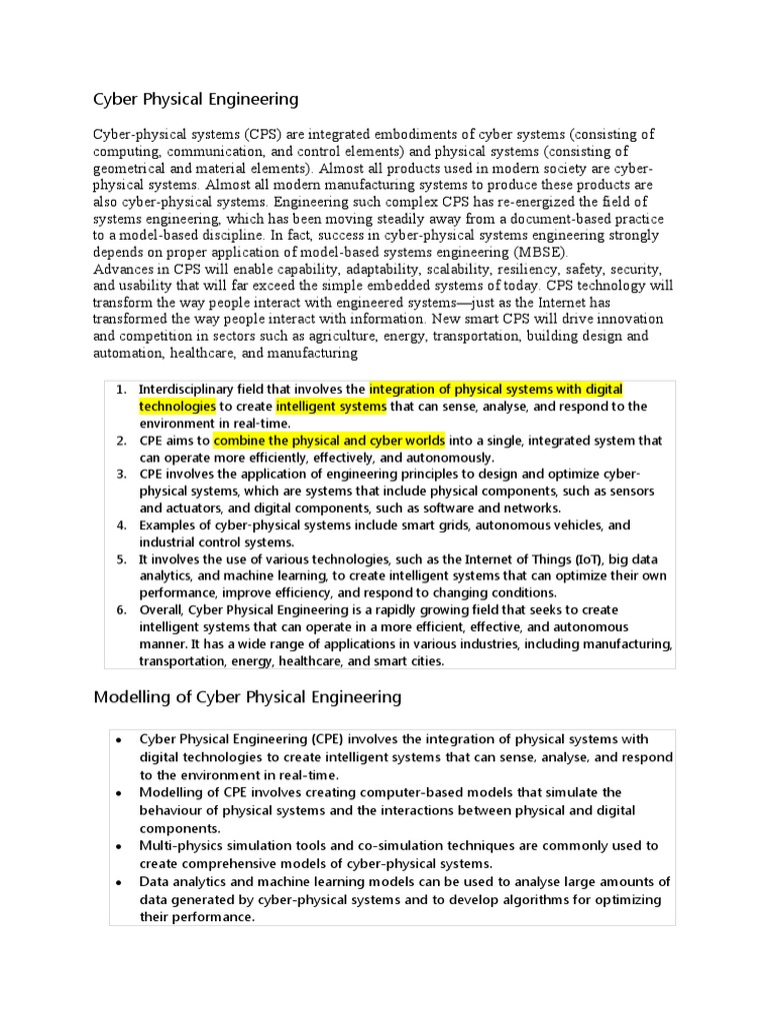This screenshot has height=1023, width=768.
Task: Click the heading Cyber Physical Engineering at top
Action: coord(195,99)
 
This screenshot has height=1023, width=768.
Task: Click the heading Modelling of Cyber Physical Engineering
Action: coord(247,696)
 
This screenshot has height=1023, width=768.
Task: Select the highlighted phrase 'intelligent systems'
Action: coord(331,406)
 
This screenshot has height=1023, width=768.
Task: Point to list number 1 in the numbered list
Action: coord(121,389)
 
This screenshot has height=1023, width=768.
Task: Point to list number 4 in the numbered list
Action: coord(121,524)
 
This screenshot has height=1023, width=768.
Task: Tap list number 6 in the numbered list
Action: coord(121,609)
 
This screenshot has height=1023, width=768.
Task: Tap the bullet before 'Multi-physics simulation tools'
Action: coord(119,846)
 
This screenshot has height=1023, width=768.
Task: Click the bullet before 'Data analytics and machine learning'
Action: coord(119,882)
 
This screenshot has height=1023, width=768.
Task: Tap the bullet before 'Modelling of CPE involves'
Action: coord(119,793)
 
